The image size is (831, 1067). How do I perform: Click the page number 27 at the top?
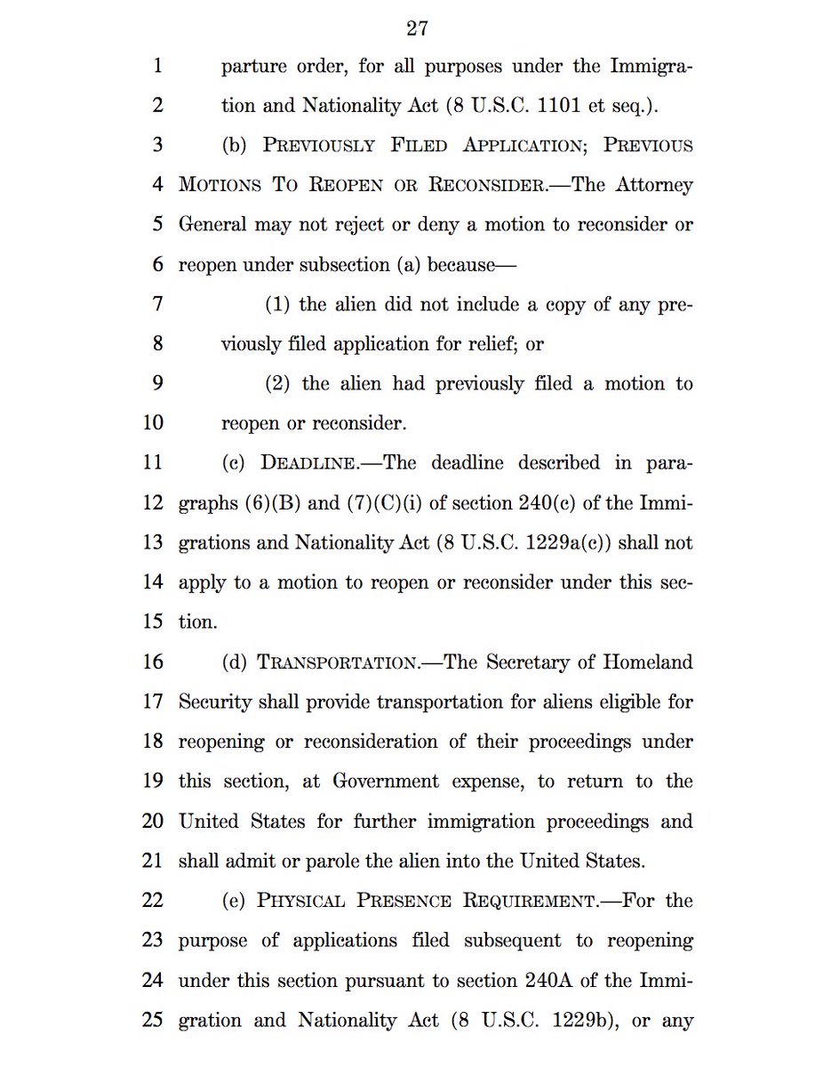[x=417, y=28]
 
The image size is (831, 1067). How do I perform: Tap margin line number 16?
[x=153, y=662]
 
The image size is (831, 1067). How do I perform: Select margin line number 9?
[x=157, y=383]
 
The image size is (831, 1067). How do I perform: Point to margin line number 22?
[x=153, y=900]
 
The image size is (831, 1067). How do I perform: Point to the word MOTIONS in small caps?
[x=220, y=185]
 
